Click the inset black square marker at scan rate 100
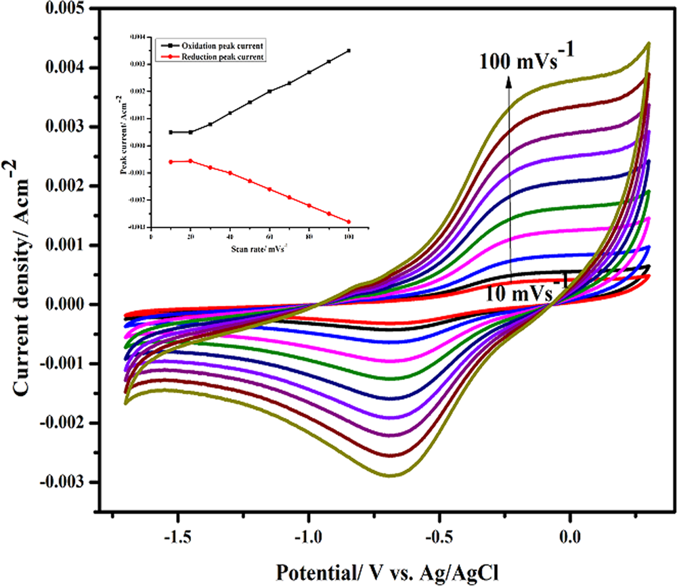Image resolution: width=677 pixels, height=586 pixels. (x=349, y=51)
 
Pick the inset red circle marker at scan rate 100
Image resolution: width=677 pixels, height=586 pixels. (x=349, y=221)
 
